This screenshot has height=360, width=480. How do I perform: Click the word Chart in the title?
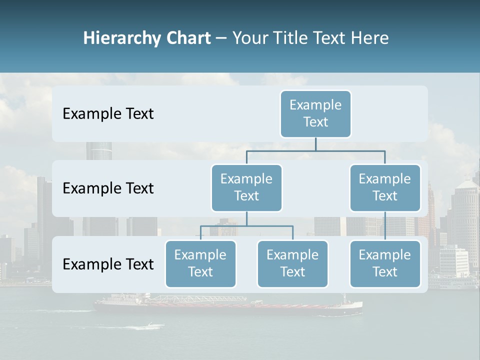tap(188, 38)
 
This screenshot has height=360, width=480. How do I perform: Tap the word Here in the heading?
tap(368, 38)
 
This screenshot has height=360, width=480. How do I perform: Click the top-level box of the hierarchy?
tap(315, 113)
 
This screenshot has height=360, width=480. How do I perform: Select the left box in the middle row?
tap(246, 187)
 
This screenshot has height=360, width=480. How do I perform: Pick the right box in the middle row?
tap(385, 187)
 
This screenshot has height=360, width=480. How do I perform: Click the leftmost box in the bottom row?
tap(200, 263)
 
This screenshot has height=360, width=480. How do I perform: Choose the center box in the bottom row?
tap(292, 263)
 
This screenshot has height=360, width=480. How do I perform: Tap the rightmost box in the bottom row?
tap(385, 263)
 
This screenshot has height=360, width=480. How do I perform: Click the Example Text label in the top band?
tap(108, 114)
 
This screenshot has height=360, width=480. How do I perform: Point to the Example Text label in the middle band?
tap(108, 188)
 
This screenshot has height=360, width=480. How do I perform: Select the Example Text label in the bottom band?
tap(108, 264)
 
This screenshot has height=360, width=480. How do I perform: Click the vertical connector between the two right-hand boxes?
tap(385, 226)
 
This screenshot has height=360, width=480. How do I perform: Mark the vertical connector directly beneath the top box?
tap(315, 144)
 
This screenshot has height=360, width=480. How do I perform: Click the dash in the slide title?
tap(221, 38)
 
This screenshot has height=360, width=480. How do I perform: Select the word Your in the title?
tap(248, 38)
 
